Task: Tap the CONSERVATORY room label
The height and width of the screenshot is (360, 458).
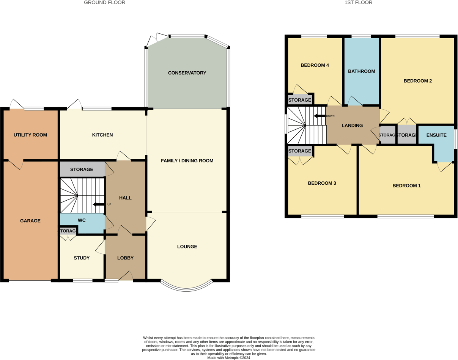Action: tap(187, 73)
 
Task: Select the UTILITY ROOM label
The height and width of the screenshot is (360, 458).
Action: tap(30, 135)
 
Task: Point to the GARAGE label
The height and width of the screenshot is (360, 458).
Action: tap(30, 221)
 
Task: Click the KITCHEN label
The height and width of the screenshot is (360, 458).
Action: tap(102, 135)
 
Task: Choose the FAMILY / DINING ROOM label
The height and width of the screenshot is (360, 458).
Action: tap(187, 160)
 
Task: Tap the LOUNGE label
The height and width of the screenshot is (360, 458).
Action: tap(187, 247)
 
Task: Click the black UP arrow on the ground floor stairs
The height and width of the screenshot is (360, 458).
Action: tap(99, 204)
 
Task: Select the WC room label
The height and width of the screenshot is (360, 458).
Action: tap(82, 220)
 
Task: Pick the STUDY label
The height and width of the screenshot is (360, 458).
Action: tap(82, 258)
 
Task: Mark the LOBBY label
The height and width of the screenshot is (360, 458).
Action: tap(125, 258)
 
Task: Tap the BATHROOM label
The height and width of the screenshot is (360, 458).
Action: tap(361, 71)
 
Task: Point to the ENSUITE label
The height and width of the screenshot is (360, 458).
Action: tap(436, 135)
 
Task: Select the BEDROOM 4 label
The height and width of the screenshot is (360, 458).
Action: tap(314, 65)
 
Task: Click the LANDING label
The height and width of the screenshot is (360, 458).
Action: tap(352, 126)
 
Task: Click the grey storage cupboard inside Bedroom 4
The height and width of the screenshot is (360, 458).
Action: tap(300, 100)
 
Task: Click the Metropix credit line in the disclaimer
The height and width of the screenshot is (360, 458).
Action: tap(228, 358)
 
